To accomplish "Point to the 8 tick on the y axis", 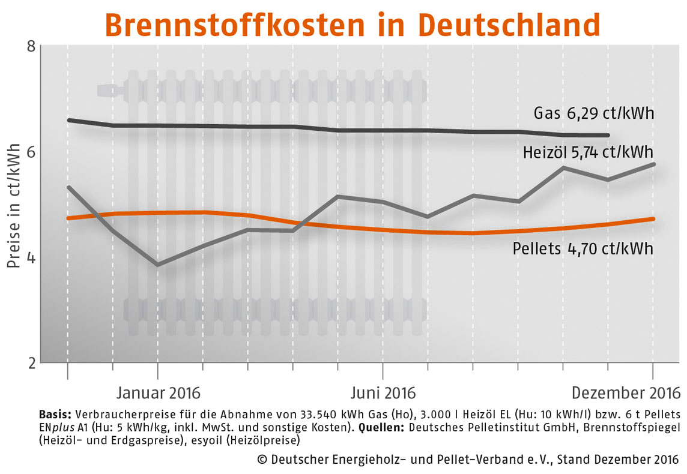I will (31, 47).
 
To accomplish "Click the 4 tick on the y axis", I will (31, 258).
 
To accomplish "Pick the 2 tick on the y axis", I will (31, 363).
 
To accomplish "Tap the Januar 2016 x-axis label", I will (158, 394).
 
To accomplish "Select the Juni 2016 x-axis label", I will (383, 394).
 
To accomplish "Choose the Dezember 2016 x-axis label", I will (626, 394).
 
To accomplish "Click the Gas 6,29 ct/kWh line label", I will (593, 113).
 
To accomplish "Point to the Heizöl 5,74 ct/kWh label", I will (587, 152).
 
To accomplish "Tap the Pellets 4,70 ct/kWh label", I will (583, 248).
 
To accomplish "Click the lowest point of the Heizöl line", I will (158, 265).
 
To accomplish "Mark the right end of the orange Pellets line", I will (653, 219).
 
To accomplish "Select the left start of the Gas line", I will (68, 120).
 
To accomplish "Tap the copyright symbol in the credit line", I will (262, 460).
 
